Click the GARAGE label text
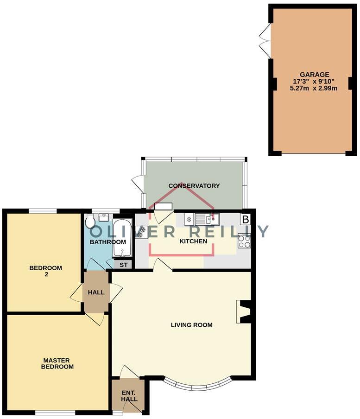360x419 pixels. pos(314,74)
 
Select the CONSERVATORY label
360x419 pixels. pos(194,186)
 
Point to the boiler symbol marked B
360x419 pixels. pos(245,219)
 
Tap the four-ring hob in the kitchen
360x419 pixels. pos(244,241)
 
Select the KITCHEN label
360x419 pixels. pos(193,241)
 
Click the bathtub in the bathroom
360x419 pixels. pos(122,238)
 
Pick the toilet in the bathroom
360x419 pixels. pos(90,221)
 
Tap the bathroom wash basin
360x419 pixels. pos(104,216)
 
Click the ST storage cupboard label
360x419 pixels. pos(123,265)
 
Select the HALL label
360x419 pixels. pos(96,292)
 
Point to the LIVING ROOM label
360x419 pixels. pos(191,325)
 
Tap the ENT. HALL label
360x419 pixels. pos(128,396)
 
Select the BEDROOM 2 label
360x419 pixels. pos(45,271)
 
